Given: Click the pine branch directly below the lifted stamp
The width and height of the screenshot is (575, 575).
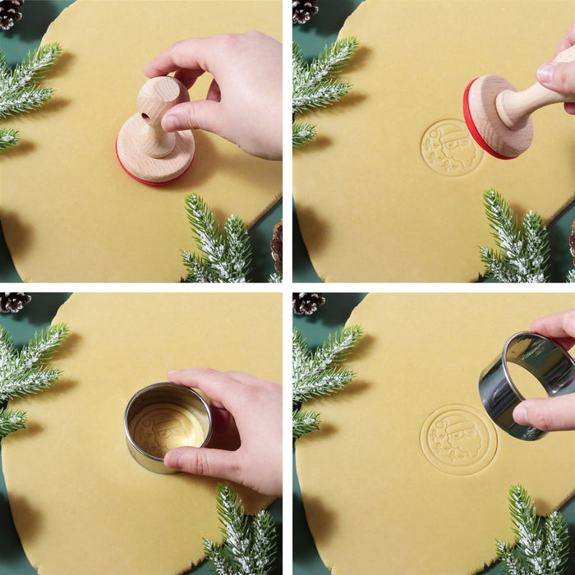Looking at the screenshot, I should point(517,238).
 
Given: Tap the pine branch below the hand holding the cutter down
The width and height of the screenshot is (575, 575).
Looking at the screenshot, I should point(238,530).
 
